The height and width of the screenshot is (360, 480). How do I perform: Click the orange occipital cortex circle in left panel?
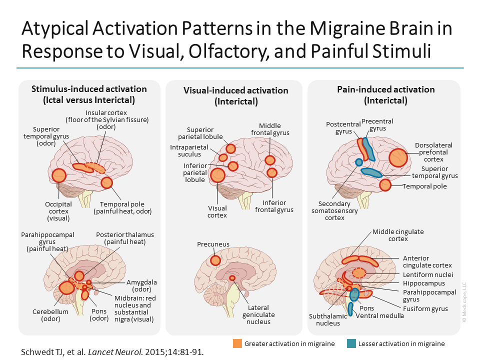point(59,175)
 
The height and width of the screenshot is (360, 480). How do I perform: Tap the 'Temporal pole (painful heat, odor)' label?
point(122,207)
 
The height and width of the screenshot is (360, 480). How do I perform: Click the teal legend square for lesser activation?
point(351,343)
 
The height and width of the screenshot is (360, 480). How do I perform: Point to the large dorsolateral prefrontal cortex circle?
point(398,157)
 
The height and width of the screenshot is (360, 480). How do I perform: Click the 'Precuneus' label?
point(213,244)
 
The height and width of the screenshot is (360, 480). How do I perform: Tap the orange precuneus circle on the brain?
point(215,260)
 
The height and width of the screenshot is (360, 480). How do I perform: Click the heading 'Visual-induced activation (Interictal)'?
point(235,95)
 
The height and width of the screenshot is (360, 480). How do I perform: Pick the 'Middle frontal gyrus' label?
point(270,129)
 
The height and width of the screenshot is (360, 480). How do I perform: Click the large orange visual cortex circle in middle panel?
point(217,175)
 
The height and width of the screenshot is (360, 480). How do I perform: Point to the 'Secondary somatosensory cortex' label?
point(334,210)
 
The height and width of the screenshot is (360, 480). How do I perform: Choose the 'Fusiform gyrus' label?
point(425,308)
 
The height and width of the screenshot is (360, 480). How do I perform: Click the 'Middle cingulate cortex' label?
point(397,235)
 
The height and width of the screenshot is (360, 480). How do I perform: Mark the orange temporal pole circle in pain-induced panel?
point(384,185)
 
